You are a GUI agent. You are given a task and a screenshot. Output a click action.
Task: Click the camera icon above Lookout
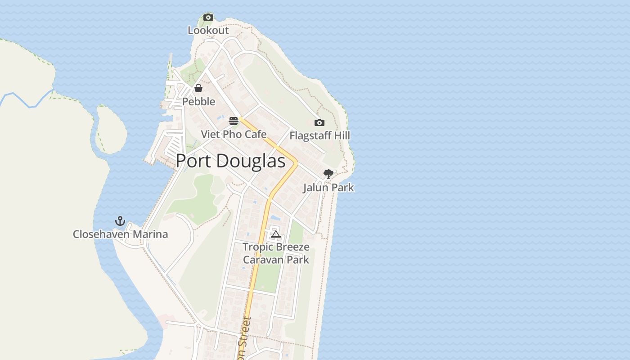(208, 18)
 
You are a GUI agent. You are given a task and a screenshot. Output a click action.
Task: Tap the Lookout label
(208, 31)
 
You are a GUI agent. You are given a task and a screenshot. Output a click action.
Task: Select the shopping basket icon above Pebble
(198, 88)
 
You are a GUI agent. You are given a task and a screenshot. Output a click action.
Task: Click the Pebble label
(198, 102)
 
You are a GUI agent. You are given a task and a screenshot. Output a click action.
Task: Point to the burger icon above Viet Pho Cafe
(233, 121)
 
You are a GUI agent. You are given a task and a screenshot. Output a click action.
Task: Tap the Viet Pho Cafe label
(234, 135)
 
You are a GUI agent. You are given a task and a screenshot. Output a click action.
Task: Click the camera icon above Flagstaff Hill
(319, 122)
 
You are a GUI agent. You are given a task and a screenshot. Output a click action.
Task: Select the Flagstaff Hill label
(319, 135)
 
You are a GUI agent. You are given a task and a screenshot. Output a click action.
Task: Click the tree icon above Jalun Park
(328, 174)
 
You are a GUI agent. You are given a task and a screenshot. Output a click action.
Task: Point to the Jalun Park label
(328, 188)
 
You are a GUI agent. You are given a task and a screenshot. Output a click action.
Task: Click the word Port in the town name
(193, 161)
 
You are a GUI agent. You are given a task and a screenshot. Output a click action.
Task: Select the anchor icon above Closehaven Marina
(120, 221)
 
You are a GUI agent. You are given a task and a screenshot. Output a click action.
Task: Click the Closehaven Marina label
(120, 234)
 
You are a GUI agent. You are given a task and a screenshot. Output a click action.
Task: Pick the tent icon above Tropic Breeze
(276, 234)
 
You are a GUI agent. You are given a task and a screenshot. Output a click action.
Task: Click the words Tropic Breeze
(276, 247)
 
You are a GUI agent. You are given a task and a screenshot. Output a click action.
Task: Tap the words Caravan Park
(276, 260)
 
